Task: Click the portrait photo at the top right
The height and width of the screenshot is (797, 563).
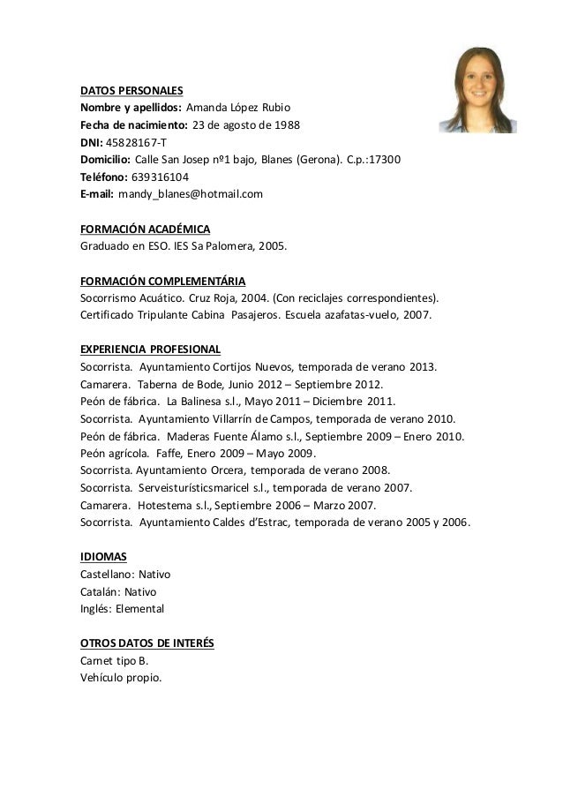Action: pyautogui.click(x=484, y=90)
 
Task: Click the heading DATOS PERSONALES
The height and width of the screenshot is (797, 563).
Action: pyautogui.click(x=131, y=91)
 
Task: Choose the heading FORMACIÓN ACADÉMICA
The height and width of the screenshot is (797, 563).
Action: pyautogui.click(x=145, y=229)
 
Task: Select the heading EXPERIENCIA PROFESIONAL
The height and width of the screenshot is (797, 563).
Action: pyautogui.click(x=150, y=350)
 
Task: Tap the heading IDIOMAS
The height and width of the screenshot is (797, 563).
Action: pyautogui.click(x=103, y=557)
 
